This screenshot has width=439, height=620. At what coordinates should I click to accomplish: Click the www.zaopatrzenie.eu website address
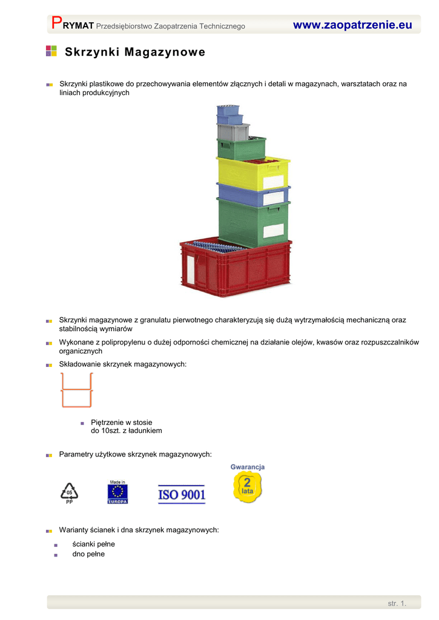[x=352, y=25]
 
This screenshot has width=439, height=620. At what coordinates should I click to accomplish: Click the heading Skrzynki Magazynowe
[x=135, y=52]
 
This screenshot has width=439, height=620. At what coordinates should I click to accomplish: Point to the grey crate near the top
[x=233, y=131]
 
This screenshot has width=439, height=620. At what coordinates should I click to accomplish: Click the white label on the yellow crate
[x=273, y=182]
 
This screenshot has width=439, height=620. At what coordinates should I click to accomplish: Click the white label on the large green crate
[x=273, y=231]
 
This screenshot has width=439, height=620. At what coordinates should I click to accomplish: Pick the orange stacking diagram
[x=76, y=390]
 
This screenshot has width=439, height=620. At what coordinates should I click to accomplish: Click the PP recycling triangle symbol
[x=70, y=492]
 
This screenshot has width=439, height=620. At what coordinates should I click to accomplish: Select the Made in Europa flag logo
[x=117, y=492]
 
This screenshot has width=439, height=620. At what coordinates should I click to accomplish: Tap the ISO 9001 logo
[x=182, y=495]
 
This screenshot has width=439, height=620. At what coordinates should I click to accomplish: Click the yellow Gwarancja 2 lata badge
[x=248, y=484]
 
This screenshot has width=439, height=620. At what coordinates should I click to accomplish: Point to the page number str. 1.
[x=397, y=603]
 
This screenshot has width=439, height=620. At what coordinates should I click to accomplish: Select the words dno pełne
[x=88, y=553]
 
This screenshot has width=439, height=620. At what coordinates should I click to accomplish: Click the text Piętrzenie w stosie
[x=121, y=422]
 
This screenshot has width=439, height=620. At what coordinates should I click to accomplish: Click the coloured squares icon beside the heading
[x=51, y=51]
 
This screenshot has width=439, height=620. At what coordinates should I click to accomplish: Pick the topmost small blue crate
[x=229, y=110]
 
